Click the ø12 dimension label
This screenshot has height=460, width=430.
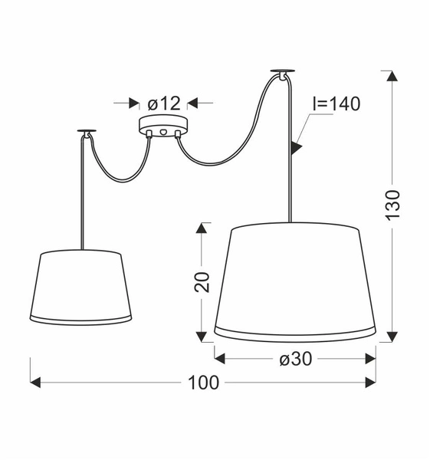tap(162, 103)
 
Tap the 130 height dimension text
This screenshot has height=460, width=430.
tap(392, 205)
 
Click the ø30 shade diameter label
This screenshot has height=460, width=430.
tap(295, 357)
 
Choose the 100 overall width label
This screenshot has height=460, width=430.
tap(203, 382)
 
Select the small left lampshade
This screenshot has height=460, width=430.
tap(81, 287)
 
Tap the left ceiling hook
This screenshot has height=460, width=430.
tap(85, 134)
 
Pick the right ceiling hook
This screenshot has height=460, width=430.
tap(282, 74)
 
